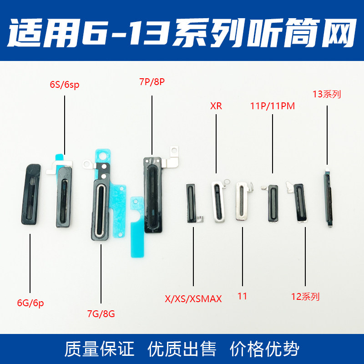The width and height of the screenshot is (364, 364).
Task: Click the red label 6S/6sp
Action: pyautogui.click(x=65, y=85)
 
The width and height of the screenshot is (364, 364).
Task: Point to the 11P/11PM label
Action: pyautogui.click(x=273, y=106)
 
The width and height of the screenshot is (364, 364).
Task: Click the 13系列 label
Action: pyautogui.click(x=327, y=95)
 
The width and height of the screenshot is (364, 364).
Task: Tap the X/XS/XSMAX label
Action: pyautogui.click(x=193, y=298)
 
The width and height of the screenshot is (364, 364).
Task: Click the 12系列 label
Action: pyautogui.click(x=305, y=297)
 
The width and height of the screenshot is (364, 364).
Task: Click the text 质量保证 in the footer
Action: pyautogui.click(x=99, y=349)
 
